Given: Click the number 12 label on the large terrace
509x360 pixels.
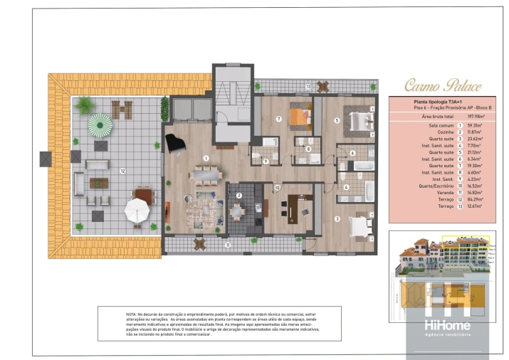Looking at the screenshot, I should pyautogui.click(x=122, y=171).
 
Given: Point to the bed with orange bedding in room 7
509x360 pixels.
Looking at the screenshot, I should pyautogui.click(x=300, y=117).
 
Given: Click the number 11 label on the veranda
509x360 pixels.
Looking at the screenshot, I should pyautogui.click(x=228, y=245).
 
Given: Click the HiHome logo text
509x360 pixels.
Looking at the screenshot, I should pyautogui.click(x=448, y=325).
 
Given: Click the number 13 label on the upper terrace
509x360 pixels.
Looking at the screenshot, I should pyautogui.click(x=308, y=86).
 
